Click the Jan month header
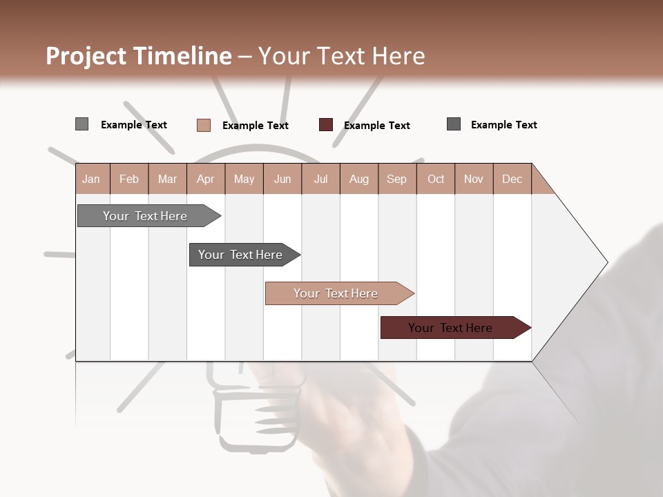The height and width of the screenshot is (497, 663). tap(91, 179)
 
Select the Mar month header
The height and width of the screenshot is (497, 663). tap(167, 179)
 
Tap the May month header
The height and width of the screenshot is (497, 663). tap(244, 179)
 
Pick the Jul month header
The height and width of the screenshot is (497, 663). tap(320, 179)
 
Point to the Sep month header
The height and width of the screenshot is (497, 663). tap(396, 179)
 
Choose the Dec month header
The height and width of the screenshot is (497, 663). tap(512, 179)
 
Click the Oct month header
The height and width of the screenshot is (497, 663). tap(436, 179)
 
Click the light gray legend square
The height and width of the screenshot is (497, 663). tap(82, 124)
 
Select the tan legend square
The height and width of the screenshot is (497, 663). tap(204, 125)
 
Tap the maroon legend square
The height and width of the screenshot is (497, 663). tap(326, 125)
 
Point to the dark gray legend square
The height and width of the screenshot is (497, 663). tap(454, 124)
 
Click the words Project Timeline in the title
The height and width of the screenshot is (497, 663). tap(138, 56)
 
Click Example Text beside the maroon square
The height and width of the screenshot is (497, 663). tap(376, 126)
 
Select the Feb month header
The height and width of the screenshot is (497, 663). tap(129, 179)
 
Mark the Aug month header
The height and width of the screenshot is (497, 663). tap(358, 179)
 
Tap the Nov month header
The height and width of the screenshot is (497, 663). tap(474, 179)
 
